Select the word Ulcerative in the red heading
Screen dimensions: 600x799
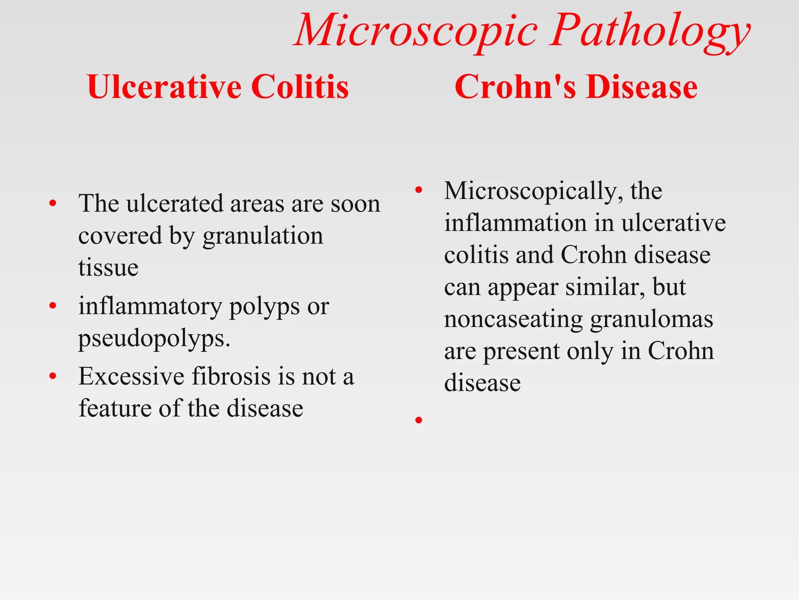tap(164, 87)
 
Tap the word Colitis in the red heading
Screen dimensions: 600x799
tap(300, 87)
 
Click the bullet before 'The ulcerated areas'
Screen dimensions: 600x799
tap(53, 204)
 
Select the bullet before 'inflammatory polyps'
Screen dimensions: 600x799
tap(53, 306)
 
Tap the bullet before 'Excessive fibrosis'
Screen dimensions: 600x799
tap(53, 377)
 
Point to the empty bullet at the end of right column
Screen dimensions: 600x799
tap(419, 420)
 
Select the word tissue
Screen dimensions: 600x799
tap(108, 268)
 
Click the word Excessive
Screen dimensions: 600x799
tap(131, 377)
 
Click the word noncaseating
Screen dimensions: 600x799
tap(513, 320)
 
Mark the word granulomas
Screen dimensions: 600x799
tap(652, 320)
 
